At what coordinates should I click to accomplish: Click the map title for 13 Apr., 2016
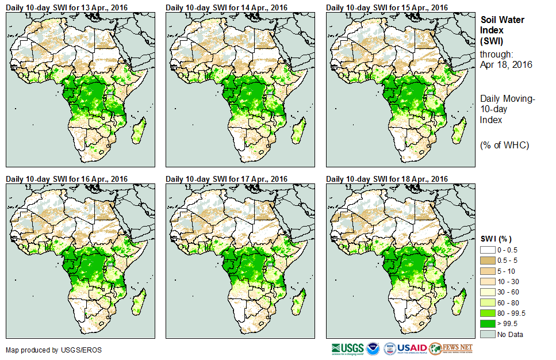coord(67,7)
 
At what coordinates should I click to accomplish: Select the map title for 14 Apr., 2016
coord(227,7)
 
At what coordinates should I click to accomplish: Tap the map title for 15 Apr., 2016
coord(386,7)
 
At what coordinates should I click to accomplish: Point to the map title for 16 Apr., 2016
coord(67,179)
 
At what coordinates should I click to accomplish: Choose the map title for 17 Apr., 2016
coord(227,179)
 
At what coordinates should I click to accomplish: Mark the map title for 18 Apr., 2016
coord(386,179)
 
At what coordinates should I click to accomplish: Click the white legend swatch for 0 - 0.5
coord(488,249)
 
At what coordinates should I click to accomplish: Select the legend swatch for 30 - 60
coord(488,292)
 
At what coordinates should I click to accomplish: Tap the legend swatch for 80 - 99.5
coord(488,313)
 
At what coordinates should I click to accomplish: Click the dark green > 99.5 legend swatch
coord(488,323)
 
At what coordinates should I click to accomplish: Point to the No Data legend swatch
coord(488,334)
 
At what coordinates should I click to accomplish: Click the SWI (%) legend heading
coord(496,239)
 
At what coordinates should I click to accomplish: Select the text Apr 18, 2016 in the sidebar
coord(506,64)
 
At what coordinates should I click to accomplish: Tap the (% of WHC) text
coord(504,145)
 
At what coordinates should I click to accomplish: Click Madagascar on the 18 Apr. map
coord(458,303)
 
